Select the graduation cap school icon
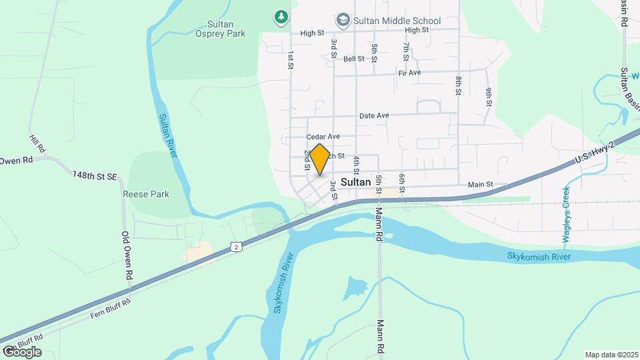[343, 19]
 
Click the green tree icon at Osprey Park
[282, 15]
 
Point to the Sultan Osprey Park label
[221, 28]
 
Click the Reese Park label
[146, 195]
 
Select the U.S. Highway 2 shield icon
[237, 247]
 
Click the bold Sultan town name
[355, 181]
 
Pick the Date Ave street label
[374, 115]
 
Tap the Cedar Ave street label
[323, 137]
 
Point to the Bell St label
[354, 59]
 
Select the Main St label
[480, 185]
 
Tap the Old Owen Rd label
[126, 255]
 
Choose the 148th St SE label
[95, 175]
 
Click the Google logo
[22, 351]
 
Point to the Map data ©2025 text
[611, 355]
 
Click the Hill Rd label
[36, 143]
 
